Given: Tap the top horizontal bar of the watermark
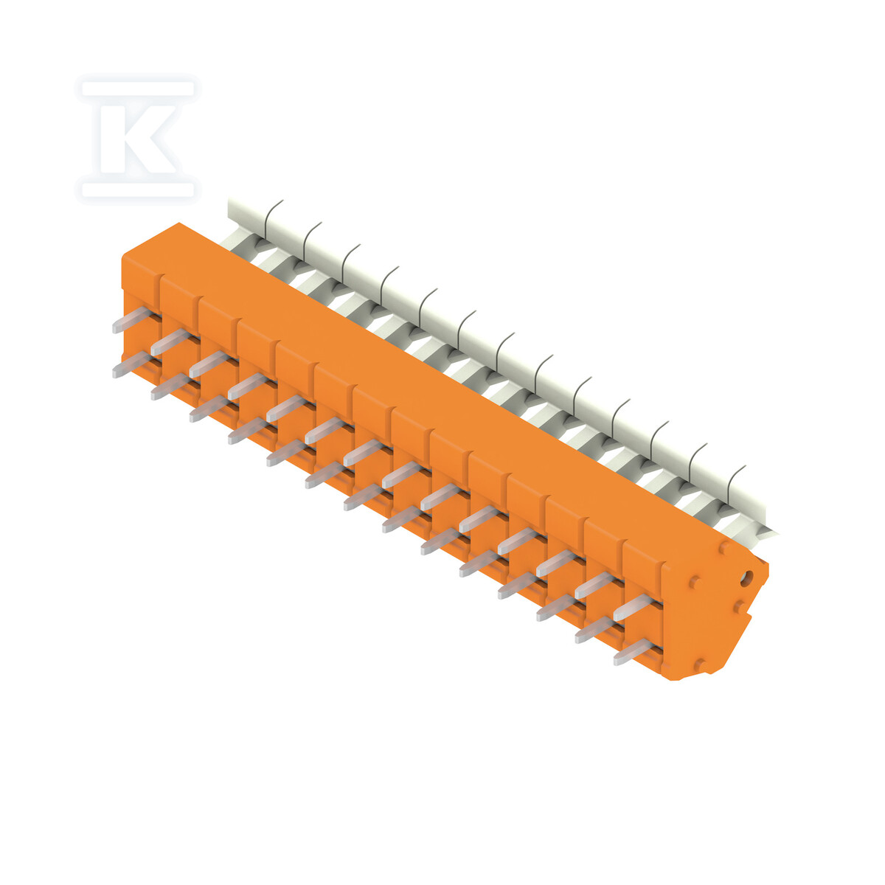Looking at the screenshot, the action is (x=137, y=88).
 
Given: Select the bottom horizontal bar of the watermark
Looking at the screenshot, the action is (x=137, y=190).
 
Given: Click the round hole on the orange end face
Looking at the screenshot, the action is (x=748, y=575).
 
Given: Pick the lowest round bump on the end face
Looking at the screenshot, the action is (x=700, y=664).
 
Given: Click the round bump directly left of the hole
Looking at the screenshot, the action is (x=695, y=583).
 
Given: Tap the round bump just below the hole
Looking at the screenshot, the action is (x=739, y=607).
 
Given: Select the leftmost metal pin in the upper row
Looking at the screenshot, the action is (x=132, y=319).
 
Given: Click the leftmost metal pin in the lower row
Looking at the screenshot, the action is (x=132, y=364).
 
